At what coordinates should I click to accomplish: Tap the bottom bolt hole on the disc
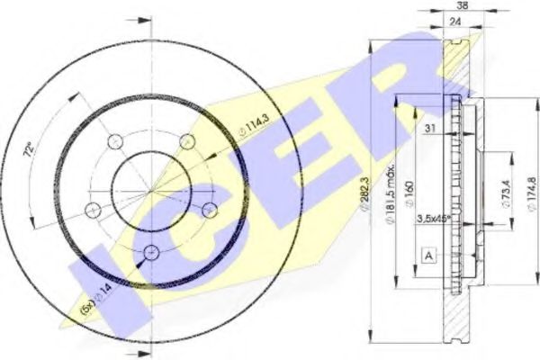tap(150, 251)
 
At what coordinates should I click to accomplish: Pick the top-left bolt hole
tap(113, 141)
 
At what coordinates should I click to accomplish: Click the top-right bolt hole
tap(187, 141)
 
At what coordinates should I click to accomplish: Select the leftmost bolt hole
tap(92, 210)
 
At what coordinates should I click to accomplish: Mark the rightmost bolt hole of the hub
tap(210, 209)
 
